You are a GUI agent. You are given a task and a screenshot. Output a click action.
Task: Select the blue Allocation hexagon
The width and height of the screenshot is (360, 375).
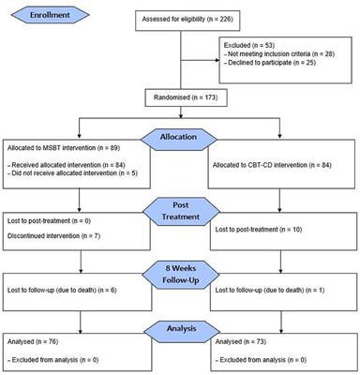click(x=179, y=136)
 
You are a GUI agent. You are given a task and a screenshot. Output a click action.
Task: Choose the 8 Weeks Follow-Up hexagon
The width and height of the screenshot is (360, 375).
click(x=179, y=277)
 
